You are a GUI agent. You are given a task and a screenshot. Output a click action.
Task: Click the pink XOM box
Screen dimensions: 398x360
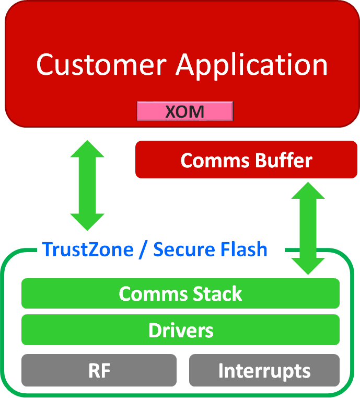pos(184,111)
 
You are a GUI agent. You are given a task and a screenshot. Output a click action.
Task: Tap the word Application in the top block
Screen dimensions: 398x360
pos(252,65)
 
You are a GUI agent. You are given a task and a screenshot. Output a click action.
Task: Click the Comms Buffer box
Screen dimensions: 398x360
pos(246,160)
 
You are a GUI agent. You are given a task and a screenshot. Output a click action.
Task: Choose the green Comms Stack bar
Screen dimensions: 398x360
pos(180,293)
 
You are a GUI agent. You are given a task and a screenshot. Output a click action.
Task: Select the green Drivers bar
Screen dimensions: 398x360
pos(180,331)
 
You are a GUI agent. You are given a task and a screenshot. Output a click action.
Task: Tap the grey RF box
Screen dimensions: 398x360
pos(99,370)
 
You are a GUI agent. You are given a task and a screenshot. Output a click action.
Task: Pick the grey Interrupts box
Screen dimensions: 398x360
pos(264,370)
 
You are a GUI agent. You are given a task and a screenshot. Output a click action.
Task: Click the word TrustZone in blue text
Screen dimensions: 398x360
pos(88,249)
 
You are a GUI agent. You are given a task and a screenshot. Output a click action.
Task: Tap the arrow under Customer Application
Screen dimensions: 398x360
pos(87,185)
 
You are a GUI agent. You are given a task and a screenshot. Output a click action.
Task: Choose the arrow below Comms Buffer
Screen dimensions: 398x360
pos(308,228)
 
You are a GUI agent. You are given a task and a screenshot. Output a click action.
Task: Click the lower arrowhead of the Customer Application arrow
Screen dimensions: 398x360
pos(87,220)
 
